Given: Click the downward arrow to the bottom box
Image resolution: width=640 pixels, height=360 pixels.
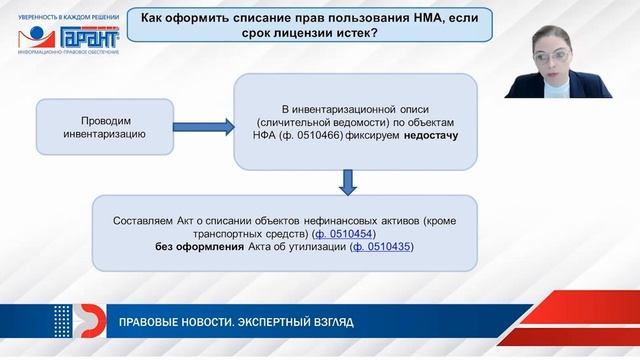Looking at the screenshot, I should tap(347, 183).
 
